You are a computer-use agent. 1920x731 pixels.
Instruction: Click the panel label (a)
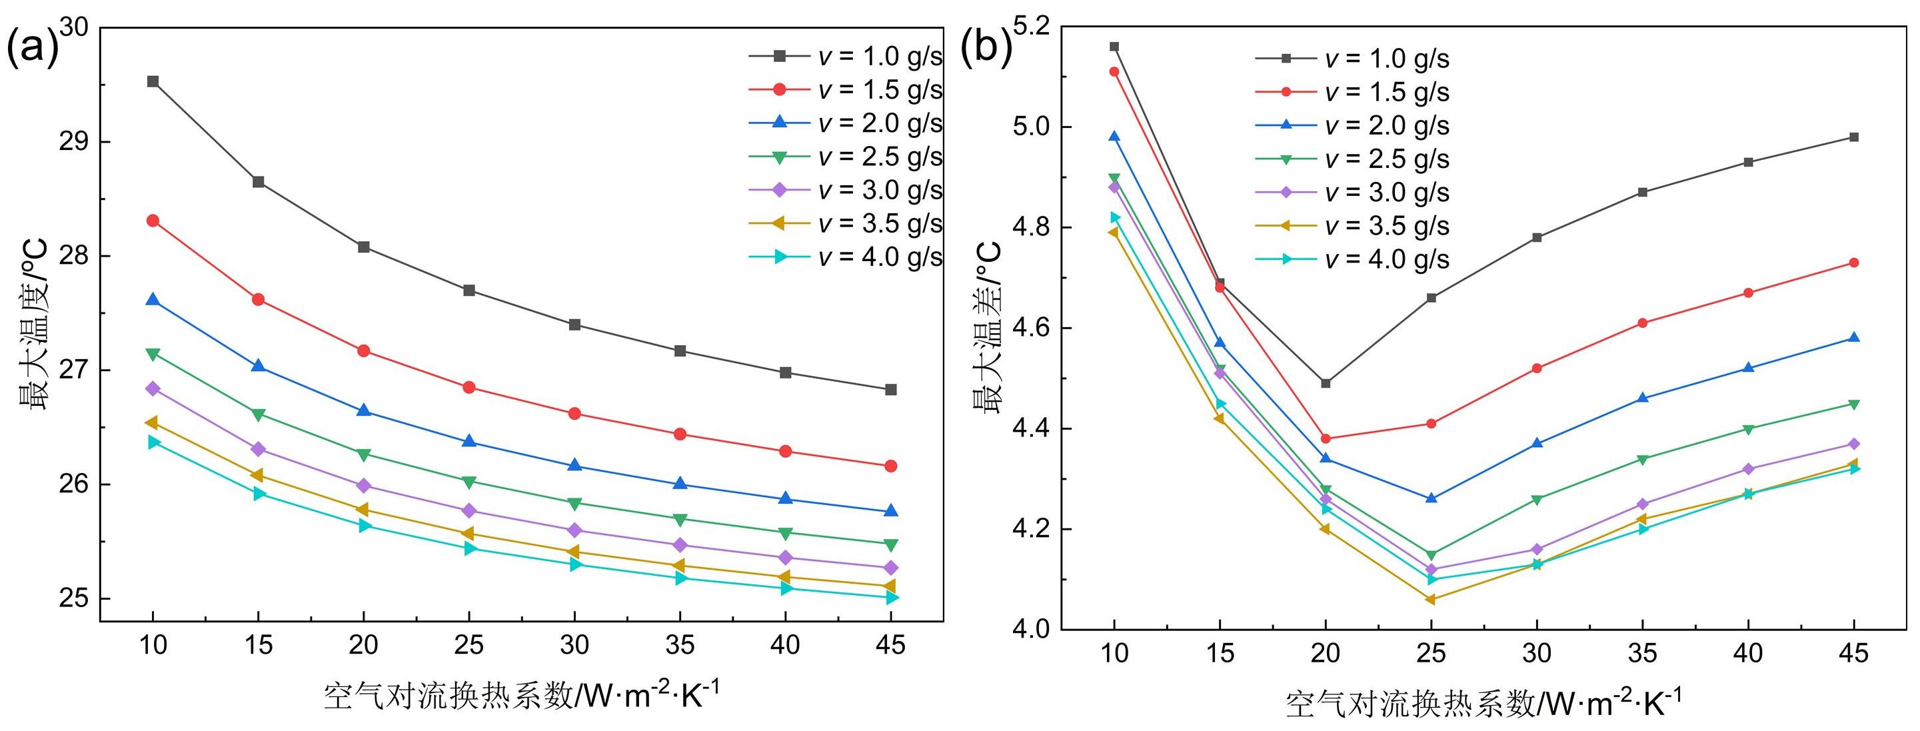click(31, 46)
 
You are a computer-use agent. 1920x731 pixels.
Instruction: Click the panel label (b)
click(986, 46)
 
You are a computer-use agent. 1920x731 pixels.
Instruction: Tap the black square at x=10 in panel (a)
click(153, 81)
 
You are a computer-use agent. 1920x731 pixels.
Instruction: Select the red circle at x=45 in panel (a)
click(890, 466)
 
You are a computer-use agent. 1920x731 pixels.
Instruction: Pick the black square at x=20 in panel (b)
click(1326, 383)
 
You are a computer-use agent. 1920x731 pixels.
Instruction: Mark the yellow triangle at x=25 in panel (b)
click(1430, 599)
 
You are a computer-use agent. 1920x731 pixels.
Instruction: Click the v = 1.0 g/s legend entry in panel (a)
click(846, 57)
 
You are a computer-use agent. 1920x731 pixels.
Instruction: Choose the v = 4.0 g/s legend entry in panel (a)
click(846, 257)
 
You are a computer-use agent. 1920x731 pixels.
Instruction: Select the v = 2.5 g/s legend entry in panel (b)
click(1353, 159)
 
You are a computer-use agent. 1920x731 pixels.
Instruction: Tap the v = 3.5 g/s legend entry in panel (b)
click(1353, 226)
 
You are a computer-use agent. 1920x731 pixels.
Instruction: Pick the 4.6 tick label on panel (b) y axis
click(1030, 328)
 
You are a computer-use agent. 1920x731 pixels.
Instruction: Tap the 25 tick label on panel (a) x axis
click(469, 644)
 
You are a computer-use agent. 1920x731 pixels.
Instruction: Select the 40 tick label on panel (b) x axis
click(1748, 654)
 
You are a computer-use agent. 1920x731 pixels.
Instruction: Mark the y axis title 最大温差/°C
click(987, 328)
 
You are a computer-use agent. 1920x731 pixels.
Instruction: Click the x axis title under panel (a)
click(522, 695)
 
